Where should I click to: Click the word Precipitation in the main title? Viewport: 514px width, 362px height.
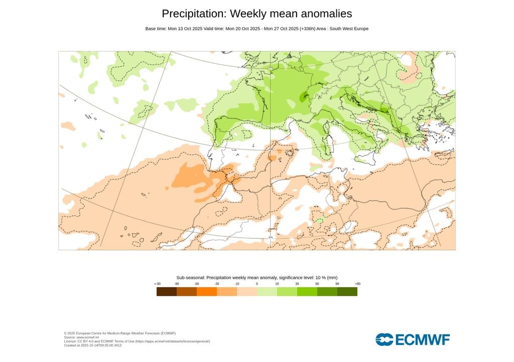click(x=193, y=14)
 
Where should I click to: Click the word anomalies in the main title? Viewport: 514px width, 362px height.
click(x=322, y=14)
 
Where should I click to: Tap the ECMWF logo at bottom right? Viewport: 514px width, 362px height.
click(x=413, y=339)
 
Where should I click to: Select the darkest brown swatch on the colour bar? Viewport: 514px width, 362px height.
click(x=166, y=292)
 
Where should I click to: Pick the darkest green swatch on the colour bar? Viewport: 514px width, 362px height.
click(x=347, y=292)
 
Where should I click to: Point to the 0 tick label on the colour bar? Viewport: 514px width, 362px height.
click(x=257, y=284)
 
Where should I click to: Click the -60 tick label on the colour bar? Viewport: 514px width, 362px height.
click(x=197, y=284)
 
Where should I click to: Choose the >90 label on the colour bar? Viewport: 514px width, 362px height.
click(x=357, y=284)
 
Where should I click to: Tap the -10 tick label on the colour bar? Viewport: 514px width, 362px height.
click(x=237, y=284)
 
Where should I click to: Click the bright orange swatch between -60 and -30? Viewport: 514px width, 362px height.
click(x=207, y=292)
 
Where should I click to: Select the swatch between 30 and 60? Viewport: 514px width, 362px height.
click(x=307, y=292)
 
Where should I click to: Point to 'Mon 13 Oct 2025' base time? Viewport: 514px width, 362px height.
click(x=185, y=29)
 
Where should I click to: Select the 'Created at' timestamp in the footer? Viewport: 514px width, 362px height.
click(x=99, y=345)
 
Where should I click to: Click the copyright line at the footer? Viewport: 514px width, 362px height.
click(x=119, y=333)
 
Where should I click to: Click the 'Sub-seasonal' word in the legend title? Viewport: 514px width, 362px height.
click(x=190, y=278)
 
